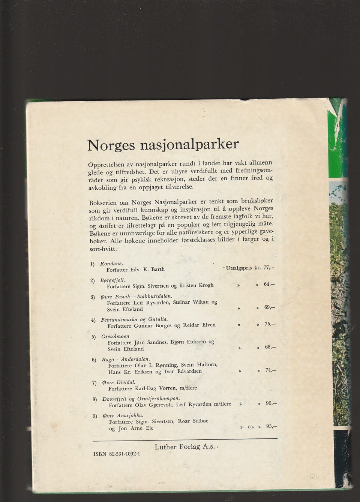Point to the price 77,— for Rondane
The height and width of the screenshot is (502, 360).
point(269,268)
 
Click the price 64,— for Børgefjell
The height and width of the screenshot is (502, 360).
point(269,284)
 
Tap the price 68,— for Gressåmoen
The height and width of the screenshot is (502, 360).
point(270,347)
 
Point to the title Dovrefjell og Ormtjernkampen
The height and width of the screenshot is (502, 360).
point(141,399)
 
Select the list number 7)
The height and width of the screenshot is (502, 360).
point(95,383)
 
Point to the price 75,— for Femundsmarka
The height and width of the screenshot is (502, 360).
point(270,324)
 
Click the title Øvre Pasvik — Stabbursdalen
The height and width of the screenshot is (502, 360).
point(136,296)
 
